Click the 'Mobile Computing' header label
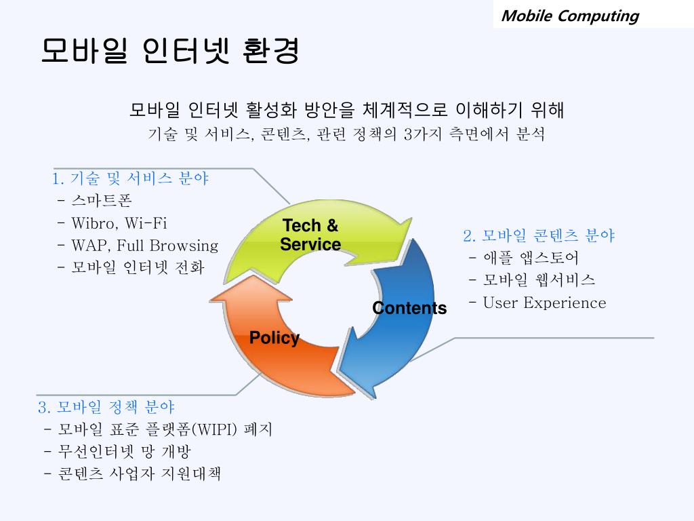point(569,16)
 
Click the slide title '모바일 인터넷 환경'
point(169,52)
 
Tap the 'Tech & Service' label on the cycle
point(310,235)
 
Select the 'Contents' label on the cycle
point(409,308)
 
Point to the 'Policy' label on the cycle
point(274,338)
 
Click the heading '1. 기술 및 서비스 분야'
point(130,178)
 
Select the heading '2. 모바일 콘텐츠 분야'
point(539,235)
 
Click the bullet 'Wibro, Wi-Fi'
point(119,223)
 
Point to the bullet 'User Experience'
point(544,303)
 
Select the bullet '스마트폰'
point(102,201)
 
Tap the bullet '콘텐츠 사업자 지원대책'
point(139,474)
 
